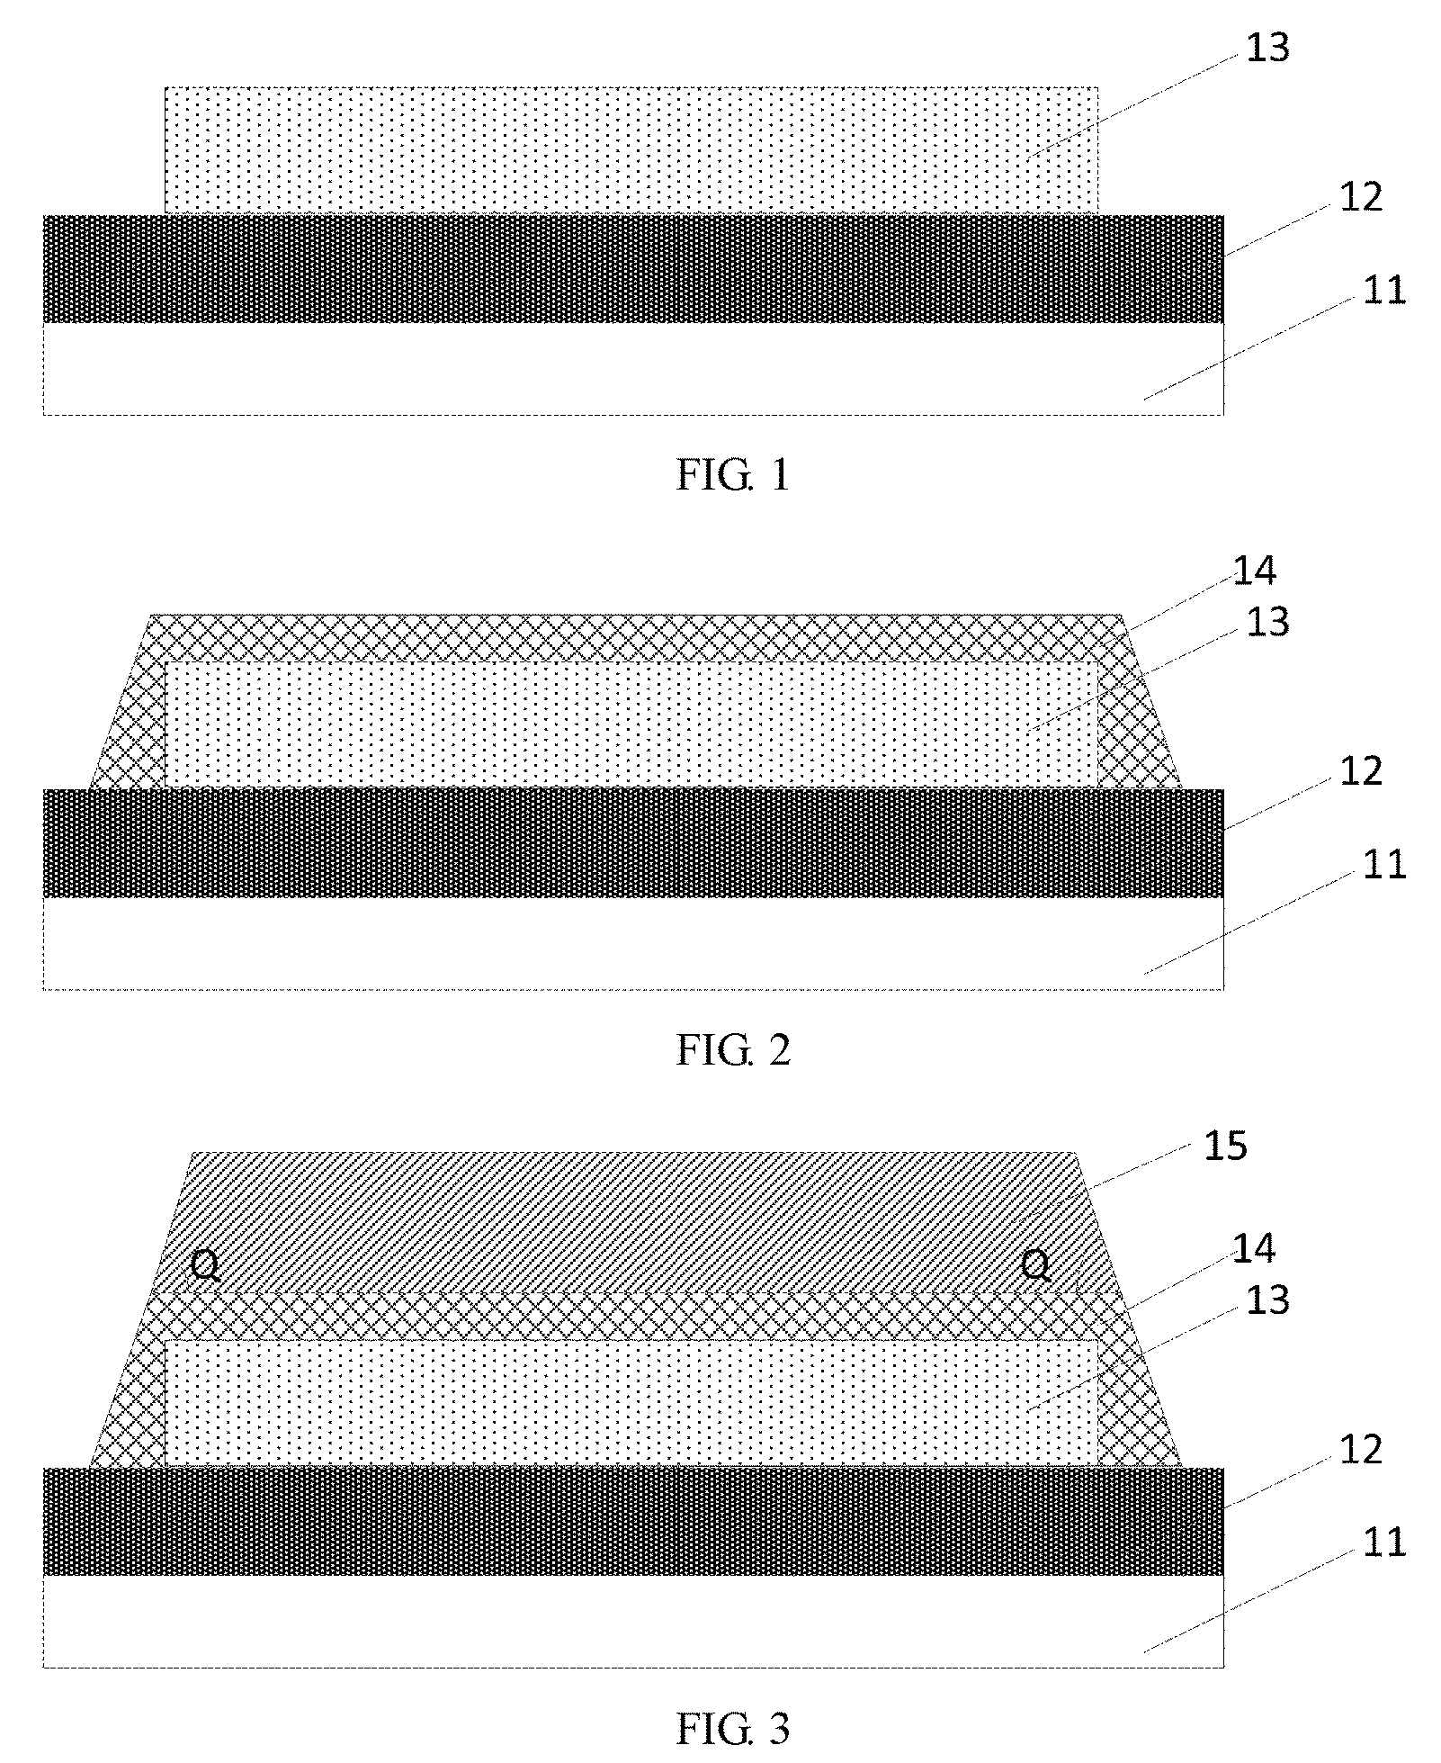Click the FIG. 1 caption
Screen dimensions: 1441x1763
pos(733,474)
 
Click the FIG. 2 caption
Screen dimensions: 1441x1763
pos(733,1050)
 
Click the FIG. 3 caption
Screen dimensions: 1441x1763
pos(733,1729)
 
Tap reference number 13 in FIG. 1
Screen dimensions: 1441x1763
pos(1268,48)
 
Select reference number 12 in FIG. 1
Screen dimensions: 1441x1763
pos(1360,196)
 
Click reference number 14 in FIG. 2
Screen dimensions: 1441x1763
pos(1255,570)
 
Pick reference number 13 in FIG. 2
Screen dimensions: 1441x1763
pos(1268,622)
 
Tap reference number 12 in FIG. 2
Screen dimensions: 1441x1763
pos(1360,771)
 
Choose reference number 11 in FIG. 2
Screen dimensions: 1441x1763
pos(1383,865)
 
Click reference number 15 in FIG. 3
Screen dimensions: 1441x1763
pos(1226,1147)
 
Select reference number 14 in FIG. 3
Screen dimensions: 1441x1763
pos(1255,1248)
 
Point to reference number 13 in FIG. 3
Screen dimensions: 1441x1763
pos(1268,1300)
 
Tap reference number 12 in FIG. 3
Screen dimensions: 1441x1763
pos(1360,1450)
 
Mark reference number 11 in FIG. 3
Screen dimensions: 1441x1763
pos(1383,1543)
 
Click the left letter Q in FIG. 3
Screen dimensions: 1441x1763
pos(205,1266)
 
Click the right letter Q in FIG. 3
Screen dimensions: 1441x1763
pos(1037,1266)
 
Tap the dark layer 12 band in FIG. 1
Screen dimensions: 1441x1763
pos(633,268)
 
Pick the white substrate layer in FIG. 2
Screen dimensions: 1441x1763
pos(633,943)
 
